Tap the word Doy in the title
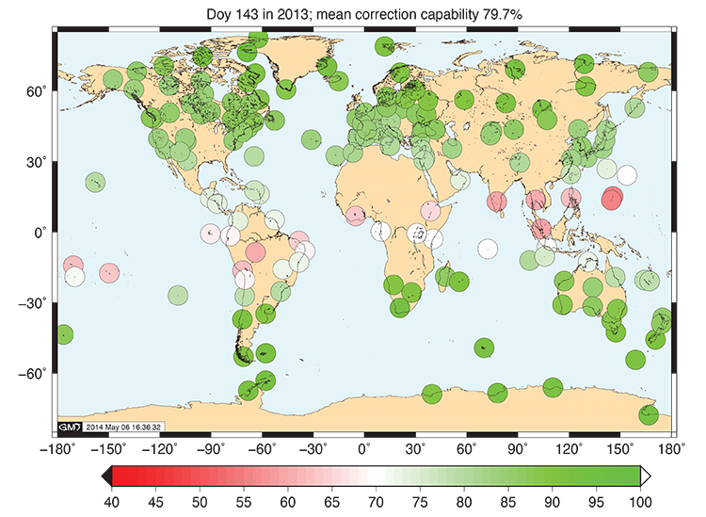click(217, 13)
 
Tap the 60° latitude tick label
click(38, 91)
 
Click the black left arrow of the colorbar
click(105, 476)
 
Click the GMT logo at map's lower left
click(71, 427)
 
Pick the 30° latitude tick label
click(38, 162)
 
